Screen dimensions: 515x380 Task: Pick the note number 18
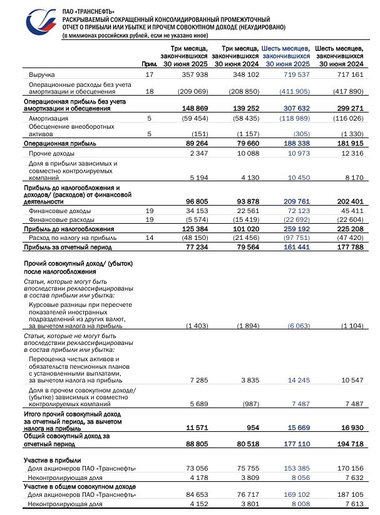pyautogui.click(x=149, y=91)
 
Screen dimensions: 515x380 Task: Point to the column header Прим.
pyautogui.click(x=149, y=64)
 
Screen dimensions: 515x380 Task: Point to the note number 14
pyautogui.click(x=149, y=238)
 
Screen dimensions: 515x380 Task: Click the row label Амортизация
pyautogui.click(x=46, y=117)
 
